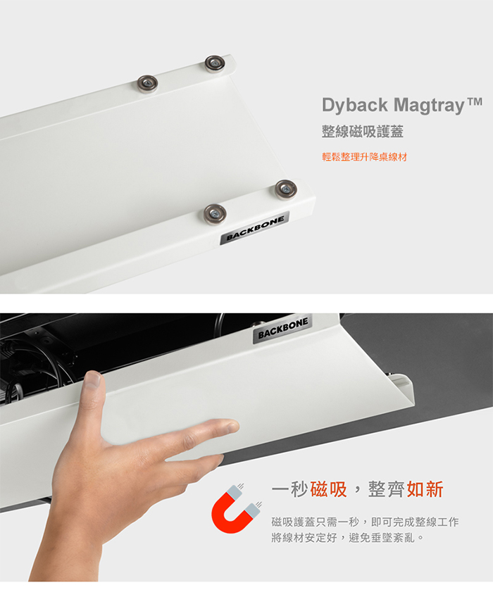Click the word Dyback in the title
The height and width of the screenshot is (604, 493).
tap(355, 105)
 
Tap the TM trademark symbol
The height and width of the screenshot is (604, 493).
tap(475, 101)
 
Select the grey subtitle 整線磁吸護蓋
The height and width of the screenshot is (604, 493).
tap(362, 132)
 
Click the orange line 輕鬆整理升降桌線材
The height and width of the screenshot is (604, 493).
tap(364, 157)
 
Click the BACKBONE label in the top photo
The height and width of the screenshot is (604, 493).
tap(255, 228)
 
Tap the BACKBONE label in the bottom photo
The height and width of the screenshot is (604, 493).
tap(282, 329)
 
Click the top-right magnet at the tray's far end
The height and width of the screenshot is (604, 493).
tap(214, 63)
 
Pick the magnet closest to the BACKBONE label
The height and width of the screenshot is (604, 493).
tap(215, 214)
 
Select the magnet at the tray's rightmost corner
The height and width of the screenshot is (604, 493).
tap(286, 189)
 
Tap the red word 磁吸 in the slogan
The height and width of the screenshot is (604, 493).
tap(328, 489)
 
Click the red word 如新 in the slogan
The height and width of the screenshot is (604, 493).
tap(425, 489)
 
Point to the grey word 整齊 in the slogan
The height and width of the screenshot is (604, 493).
tap(386, 489)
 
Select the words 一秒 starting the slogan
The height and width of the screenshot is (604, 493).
tap(289, 489)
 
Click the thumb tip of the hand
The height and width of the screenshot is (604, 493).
tap(93, 379)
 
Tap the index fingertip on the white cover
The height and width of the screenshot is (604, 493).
tap(231, 426)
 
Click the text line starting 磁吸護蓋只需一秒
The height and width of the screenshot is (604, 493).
tap(365, 522)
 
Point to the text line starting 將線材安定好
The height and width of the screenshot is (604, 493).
tap(348, 537)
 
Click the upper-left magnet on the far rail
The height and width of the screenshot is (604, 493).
tap(148, 84)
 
